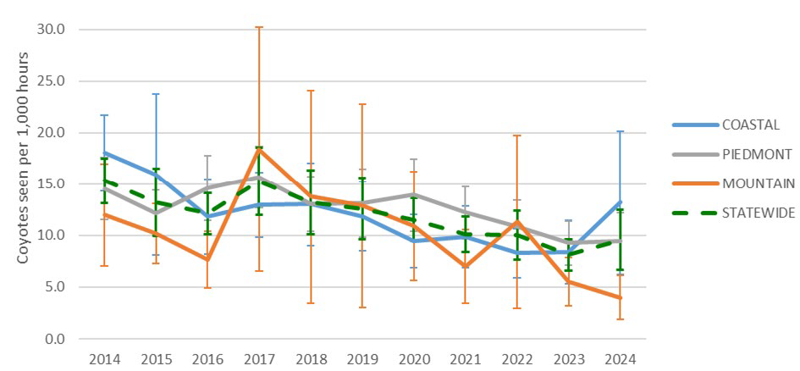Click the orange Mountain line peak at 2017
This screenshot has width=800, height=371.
pos(259,149)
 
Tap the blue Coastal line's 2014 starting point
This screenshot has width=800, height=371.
pos(104,153)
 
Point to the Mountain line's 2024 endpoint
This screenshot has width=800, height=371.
pos(621,298)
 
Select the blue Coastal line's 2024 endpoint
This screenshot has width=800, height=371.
pos(621,202)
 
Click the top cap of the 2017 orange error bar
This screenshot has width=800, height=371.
pos(259,27)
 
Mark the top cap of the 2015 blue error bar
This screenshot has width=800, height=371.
pos(156,94)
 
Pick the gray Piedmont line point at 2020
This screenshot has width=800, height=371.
pos(414,195)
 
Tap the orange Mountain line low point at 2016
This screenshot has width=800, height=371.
pos(207,259)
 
